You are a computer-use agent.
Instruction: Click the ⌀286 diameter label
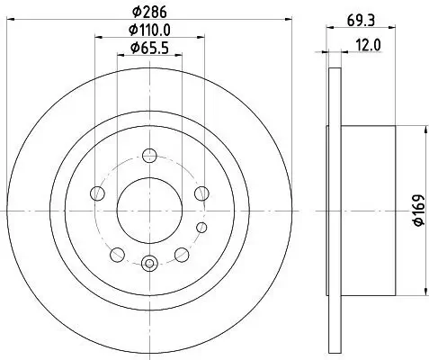[x=149, y=13]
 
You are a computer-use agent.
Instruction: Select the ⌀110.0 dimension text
[x=149, y=30]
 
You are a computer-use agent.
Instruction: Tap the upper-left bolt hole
[x=98, y=193]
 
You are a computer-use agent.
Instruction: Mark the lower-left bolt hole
[x=118, y=253]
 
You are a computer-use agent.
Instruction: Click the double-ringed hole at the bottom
[x=149, y=263]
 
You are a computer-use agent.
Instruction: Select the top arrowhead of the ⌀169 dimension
[x=423, y=133]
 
